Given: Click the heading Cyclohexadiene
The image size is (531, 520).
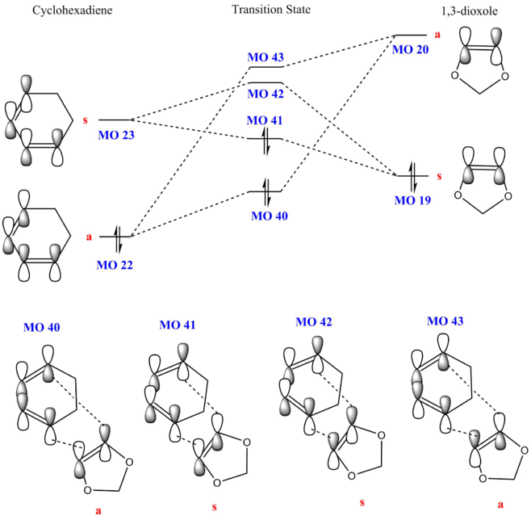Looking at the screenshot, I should pos(72,10).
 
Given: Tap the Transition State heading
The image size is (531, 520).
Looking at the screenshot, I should pos(271,10).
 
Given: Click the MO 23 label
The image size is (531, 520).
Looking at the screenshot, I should pos(115,135).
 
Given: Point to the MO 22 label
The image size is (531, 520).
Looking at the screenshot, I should pos(115,265).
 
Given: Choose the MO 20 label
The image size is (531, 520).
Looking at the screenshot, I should pos(410,49).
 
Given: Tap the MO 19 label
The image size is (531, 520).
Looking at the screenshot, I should pos(412,200).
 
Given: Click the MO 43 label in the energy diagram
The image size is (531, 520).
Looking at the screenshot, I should pos(265,58).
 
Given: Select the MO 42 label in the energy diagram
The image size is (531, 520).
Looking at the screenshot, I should pos(266,94).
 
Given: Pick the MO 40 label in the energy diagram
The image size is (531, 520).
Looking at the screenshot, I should pos(270,216).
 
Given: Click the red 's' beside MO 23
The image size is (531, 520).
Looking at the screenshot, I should pos(84,121).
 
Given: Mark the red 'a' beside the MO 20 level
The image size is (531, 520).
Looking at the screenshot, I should pos(437,35).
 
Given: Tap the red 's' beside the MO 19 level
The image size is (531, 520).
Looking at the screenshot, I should pos(438,175).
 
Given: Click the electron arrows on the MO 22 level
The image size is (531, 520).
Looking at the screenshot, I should pos(117,236).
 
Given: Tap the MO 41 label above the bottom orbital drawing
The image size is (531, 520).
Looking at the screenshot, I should pos(178,325).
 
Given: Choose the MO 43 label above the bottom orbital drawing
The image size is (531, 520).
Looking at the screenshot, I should pos(445,321).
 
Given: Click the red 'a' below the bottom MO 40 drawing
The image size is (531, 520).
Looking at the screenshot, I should pos(99,510).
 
